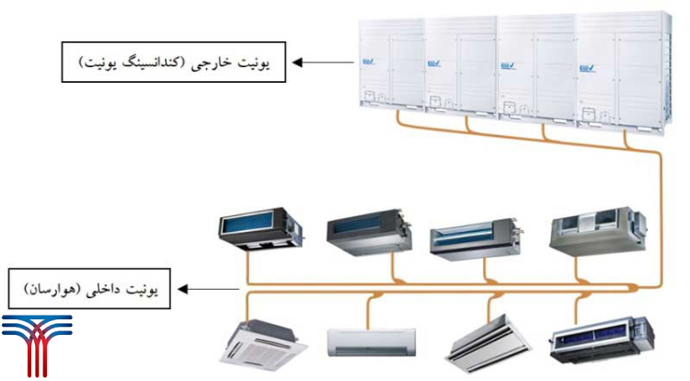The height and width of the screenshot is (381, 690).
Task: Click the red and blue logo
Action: [37, 343]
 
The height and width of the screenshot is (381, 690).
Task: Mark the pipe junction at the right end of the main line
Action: [634, 288]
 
